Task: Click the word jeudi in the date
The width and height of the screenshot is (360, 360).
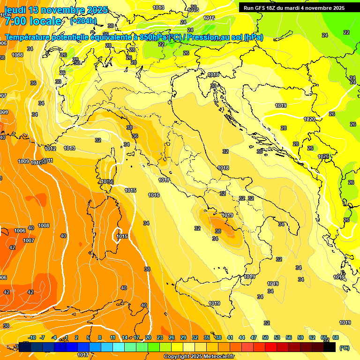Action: (15, 10)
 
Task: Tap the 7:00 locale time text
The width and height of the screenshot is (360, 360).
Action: (32, 21)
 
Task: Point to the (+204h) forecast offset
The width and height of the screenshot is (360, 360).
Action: (83, 21)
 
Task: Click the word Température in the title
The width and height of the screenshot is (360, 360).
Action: (28, 37)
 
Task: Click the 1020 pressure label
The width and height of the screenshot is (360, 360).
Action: (309, 120)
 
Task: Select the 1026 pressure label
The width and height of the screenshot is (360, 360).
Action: (323, 157)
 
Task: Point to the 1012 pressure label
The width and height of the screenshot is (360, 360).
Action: (51, 149)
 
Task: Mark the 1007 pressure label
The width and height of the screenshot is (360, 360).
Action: (29, 240)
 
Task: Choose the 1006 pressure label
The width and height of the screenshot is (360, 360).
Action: (20, 231)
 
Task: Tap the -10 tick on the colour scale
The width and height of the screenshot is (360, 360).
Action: (32, 337)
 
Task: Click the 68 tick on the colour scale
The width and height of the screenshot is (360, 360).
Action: (336, 337)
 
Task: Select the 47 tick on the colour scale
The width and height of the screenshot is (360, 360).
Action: (254, 337)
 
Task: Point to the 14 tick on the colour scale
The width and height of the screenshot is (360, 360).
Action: (125, 337)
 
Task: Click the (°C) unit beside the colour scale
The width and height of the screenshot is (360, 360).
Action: (344, 348)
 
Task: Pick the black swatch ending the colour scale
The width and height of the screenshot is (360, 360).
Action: (330, 347)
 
